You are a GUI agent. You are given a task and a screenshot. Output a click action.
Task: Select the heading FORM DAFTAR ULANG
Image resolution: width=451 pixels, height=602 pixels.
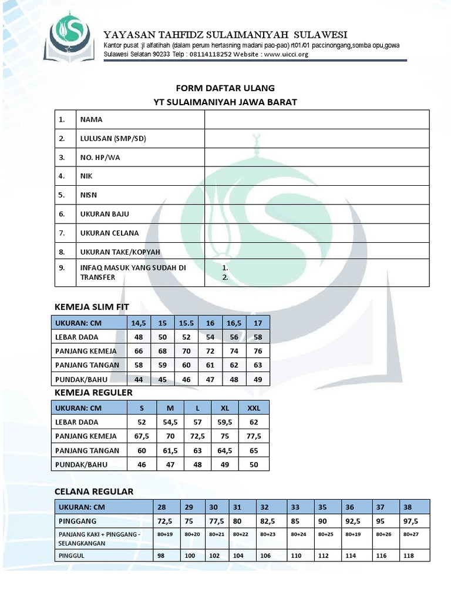(x=225, y=88)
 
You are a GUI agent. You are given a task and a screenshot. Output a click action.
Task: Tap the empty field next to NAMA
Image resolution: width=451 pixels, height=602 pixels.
(x=317, y=119)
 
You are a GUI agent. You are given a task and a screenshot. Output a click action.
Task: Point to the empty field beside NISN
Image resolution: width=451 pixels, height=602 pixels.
(x=317, y=195)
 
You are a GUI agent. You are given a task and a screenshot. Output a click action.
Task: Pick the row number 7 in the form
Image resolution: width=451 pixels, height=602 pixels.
(x=61, y=233)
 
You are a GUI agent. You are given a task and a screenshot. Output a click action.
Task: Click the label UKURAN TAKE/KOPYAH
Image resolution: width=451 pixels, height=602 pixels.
(x=119, y=252)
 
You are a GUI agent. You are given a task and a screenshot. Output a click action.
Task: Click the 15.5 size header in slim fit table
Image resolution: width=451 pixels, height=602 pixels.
(x=186, y=323)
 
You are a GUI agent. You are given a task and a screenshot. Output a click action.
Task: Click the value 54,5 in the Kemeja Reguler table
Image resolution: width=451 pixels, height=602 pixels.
(x=170, y=422)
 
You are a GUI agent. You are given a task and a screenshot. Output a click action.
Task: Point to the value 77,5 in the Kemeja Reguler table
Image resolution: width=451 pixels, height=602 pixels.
(x=254, y=436)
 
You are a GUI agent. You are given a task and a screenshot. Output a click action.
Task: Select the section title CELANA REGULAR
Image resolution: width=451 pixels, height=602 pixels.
(x=94, y=491)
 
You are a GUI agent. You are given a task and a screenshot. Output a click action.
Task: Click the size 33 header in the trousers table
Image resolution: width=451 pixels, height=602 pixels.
(x=295, y=507)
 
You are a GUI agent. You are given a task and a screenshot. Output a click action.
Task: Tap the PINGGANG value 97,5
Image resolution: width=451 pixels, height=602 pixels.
(x=410, y=521)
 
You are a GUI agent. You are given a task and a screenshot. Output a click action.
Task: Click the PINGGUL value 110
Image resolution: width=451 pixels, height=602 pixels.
(x=295, y=555)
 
